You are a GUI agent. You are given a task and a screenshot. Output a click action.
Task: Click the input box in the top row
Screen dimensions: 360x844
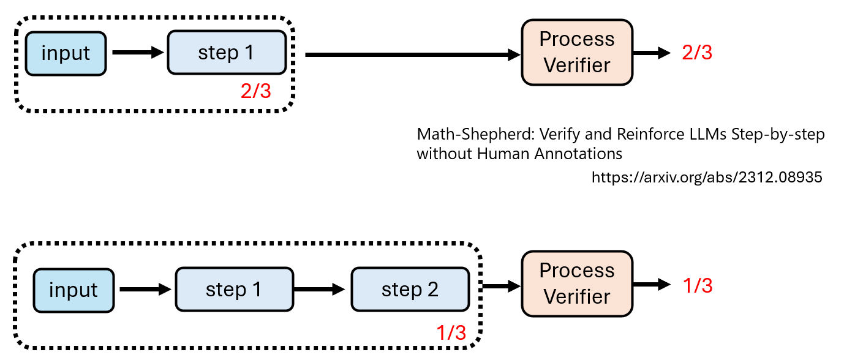tap(66, 53)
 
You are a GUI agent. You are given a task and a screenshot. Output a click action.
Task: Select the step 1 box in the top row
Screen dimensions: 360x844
tap(226, 53)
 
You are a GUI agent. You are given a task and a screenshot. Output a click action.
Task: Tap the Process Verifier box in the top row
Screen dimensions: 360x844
tap(576, 52)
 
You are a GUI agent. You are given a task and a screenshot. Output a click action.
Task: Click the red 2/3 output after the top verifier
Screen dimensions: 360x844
tap(697, 53)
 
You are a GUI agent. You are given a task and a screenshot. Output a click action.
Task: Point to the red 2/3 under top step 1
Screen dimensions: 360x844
tap(255, 92)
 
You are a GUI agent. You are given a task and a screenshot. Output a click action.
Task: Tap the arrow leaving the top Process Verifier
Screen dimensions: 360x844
tap(652, 53)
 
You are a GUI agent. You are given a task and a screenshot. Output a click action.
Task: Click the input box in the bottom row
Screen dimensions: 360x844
tap(73, 290)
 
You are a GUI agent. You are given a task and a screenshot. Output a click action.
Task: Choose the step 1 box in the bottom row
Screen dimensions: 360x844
tap(234, 290)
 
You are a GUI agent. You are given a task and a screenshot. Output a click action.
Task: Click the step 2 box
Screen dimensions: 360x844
tap(410, 290)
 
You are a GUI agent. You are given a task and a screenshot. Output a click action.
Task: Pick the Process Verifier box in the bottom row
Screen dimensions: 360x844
tap(576, 283)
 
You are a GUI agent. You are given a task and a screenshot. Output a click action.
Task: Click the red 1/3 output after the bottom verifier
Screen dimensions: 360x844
tap(697, 285)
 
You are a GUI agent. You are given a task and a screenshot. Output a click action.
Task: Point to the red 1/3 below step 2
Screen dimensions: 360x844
tap(451, 332)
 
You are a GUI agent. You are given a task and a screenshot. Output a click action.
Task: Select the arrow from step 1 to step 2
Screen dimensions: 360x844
tap(322, 290)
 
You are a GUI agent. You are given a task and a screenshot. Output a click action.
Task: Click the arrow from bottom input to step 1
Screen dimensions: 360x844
tap(145, 290)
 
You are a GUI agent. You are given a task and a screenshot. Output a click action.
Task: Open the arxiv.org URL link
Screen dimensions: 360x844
tap(706, 178)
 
